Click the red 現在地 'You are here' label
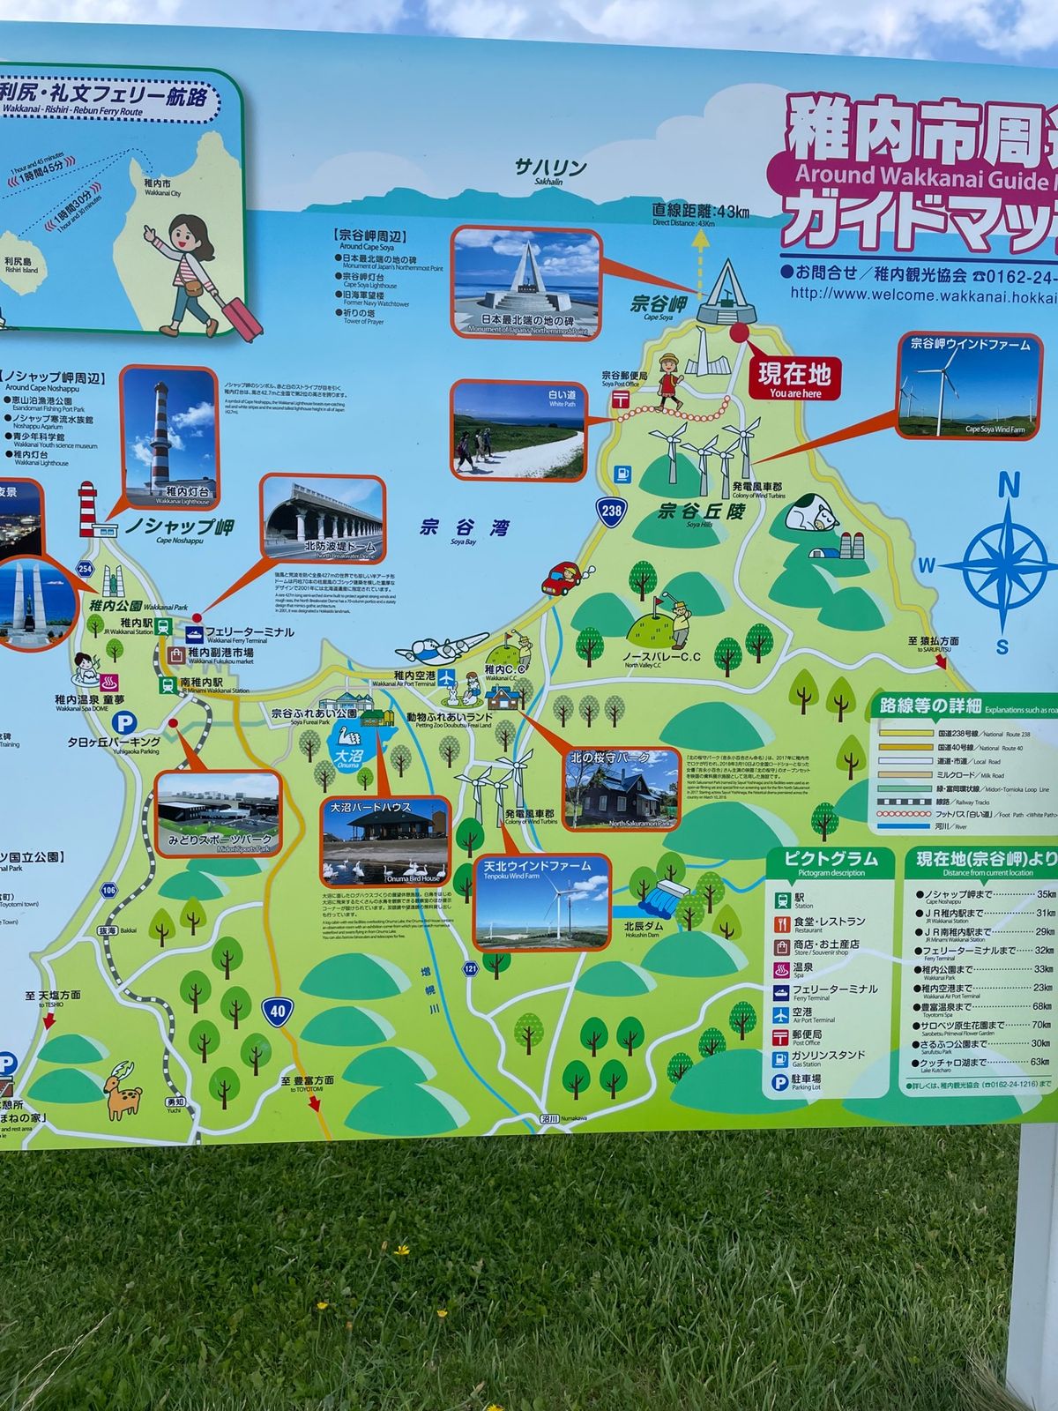(794, 379)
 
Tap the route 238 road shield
(611, 510)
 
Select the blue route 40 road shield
(278, 1011)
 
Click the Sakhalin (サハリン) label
(550, 168)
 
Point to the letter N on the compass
(1009, 486)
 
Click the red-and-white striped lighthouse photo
(168, 437)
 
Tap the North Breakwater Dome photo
(323, 521)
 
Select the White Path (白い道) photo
(518, 430)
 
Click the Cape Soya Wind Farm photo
(970, 385)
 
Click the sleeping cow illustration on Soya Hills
(812, 514)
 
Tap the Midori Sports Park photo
(218, 814)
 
